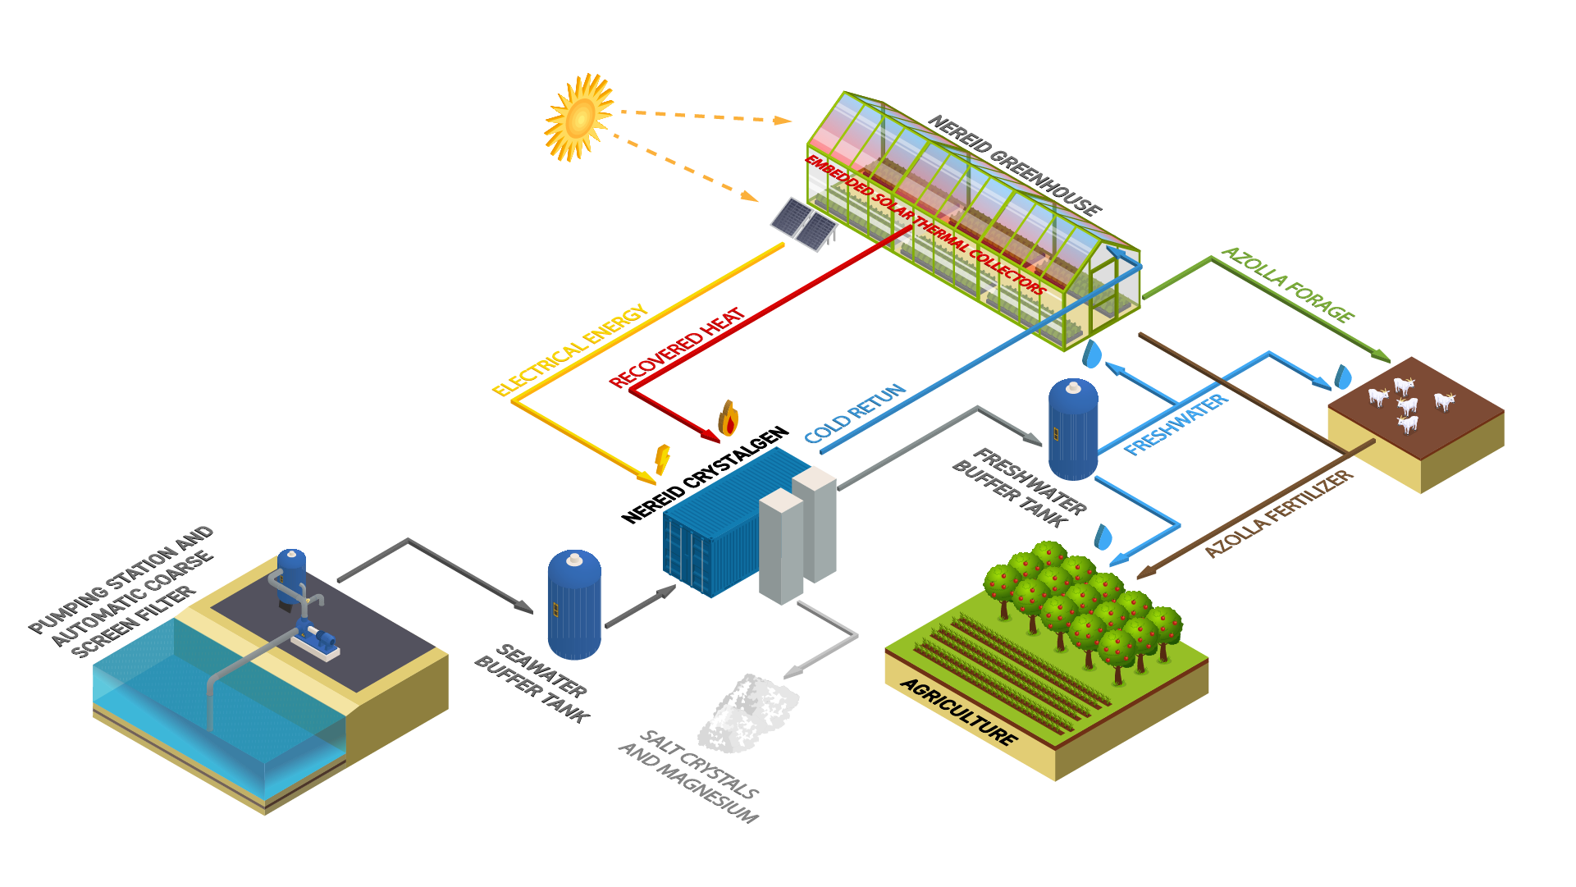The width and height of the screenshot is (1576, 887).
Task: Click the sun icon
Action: click(x=579, y=117)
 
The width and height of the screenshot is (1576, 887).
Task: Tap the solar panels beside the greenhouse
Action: click(x=803, y=224)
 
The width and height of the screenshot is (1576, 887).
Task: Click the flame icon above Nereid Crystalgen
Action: click(x=728, y=418)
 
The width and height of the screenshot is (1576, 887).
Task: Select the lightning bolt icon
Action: click(x=662, y=460)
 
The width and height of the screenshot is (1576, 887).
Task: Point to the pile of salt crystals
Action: click(x=748, y=713)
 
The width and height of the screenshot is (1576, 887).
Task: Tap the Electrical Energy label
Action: click(x=570, y=350)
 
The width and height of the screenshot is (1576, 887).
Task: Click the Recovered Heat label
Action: click(x=677, y=347)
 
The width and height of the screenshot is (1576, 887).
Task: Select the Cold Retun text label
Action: click(x=855, y=413)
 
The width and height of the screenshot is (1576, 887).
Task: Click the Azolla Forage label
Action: click(x=1287, y=284)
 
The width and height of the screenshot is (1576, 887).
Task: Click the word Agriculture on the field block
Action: click(x=959, y=711)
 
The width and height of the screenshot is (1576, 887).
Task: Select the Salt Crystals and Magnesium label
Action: click(x=689, y=776)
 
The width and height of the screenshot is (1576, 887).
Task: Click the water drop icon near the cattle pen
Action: click(x=1343, y=377)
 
